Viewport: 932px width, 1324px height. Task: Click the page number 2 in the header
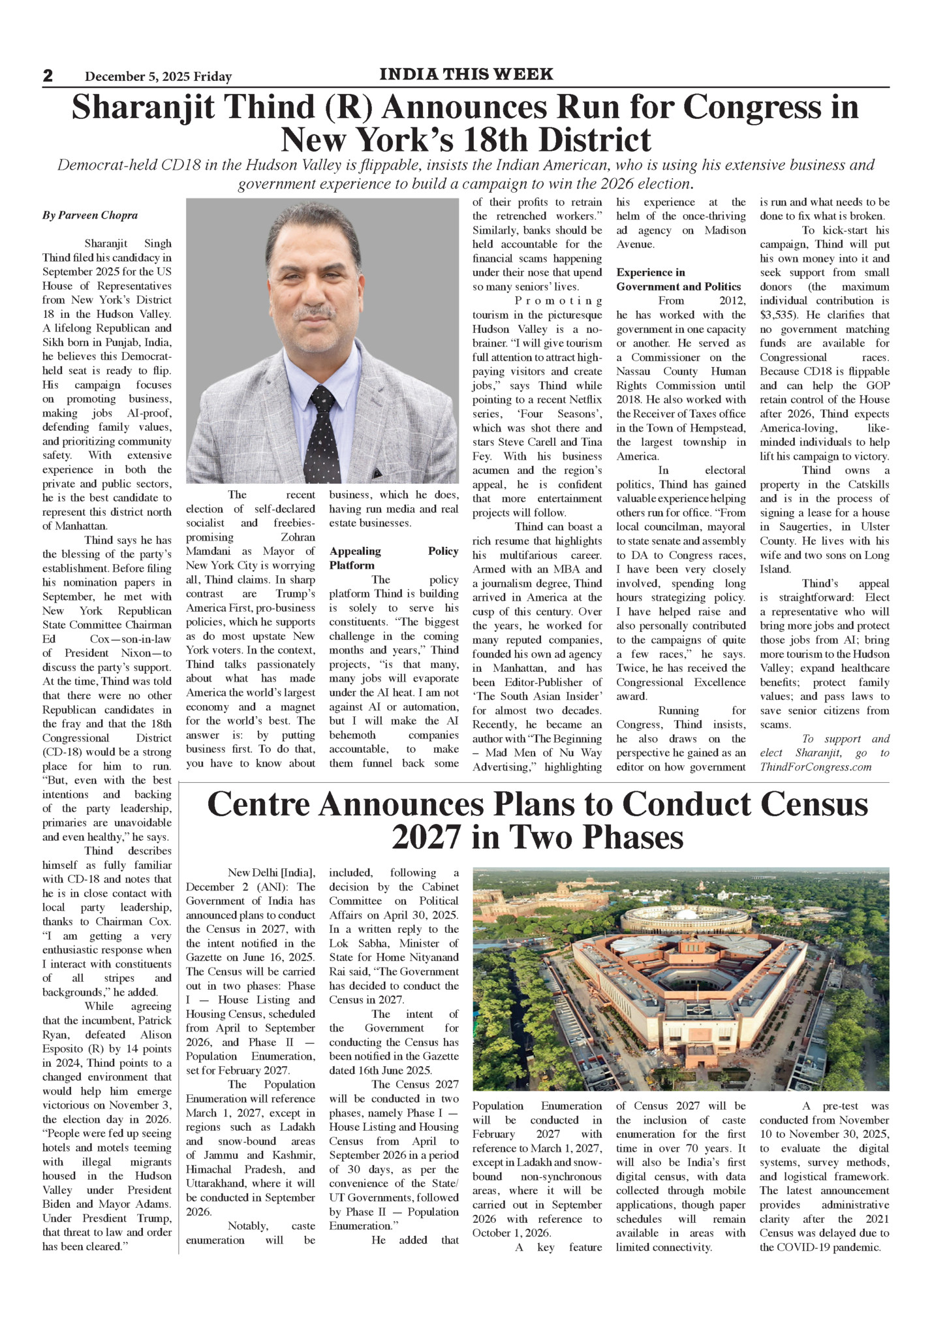pos(48,76)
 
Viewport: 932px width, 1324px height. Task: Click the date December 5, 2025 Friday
pos(158,77)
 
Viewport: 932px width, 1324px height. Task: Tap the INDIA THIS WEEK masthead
pos(466,74)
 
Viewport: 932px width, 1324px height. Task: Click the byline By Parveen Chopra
pos(90,215)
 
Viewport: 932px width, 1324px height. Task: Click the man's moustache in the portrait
pos(315,314)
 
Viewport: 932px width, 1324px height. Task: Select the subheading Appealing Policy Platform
pos(394,558)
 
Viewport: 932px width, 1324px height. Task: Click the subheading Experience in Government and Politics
pos(679,279)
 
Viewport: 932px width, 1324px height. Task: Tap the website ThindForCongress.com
pos(815,767)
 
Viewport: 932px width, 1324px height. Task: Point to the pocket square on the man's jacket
pos(379,471)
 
